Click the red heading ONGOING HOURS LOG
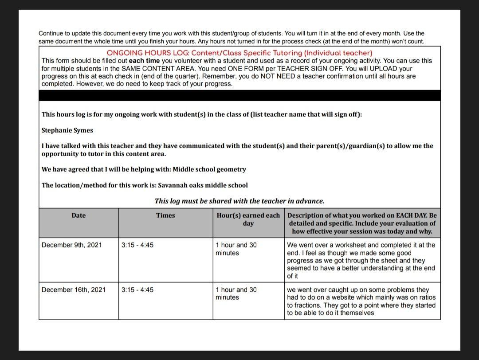pos(239,53)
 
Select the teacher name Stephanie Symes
pos(67,130)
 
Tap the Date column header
pos(79,215)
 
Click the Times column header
pos(165,215)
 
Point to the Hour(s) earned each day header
pos(248,219)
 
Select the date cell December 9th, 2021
pos(72,245)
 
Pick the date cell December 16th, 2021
pos(74,290)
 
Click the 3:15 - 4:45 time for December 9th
pos(137,245)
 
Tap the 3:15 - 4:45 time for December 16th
pos(137,290)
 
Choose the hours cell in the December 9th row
pos(236,249)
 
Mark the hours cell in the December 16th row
pos(236,293)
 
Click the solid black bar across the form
pos(239,95)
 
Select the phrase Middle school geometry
pos(209,169)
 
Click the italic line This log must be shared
pos(239,201)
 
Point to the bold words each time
pos(144,61)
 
